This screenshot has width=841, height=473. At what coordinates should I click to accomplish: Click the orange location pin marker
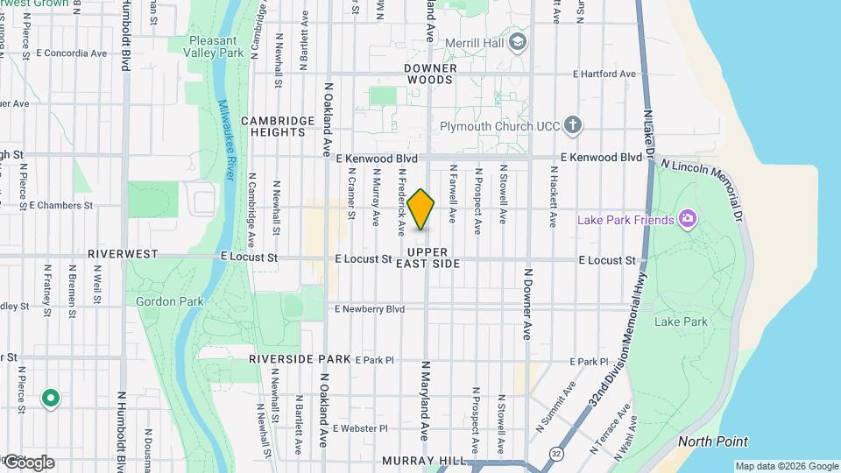pos(421,209)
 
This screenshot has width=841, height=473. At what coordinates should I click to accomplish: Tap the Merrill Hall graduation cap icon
pos(518,41)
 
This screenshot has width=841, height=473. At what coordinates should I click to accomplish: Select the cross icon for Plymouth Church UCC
pos(573,126)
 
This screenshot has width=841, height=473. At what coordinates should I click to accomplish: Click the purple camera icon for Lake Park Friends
pos(688,219)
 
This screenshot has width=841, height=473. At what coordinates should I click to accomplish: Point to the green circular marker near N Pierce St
pos(51,399)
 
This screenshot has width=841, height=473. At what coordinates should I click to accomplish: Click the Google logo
pos(28,462)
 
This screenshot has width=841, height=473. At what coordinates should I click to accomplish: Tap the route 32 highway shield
pos(557,453)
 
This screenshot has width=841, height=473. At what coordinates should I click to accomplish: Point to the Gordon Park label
pos(170,301)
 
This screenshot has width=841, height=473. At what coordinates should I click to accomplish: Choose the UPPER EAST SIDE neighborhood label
pos(428,258)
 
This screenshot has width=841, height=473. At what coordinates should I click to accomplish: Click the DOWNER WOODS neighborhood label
pos(428,74)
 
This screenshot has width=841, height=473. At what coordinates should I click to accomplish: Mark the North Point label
pos(713,441)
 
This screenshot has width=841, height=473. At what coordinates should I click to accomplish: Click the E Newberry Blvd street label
pos(370,309)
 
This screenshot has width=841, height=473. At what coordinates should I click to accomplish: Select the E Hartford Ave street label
pos(604,74)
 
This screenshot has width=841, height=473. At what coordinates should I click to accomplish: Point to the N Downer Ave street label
pos(528,304)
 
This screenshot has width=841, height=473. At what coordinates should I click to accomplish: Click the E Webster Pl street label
pos(360,428)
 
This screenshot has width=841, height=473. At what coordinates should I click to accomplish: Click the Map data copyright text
pos(787,466)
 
